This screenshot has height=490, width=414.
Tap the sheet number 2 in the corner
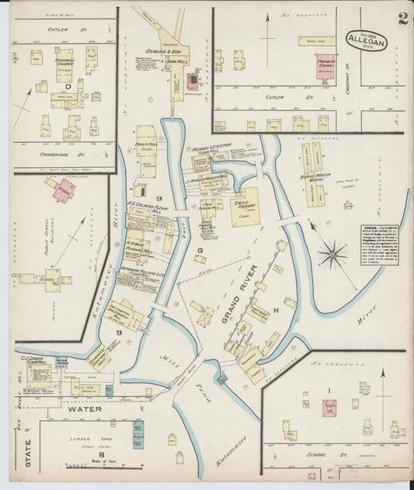click(403, 19)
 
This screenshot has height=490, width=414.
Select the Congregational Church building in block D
click(64, 65)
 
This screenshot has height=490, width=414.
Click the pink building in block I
click(330, 407)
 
